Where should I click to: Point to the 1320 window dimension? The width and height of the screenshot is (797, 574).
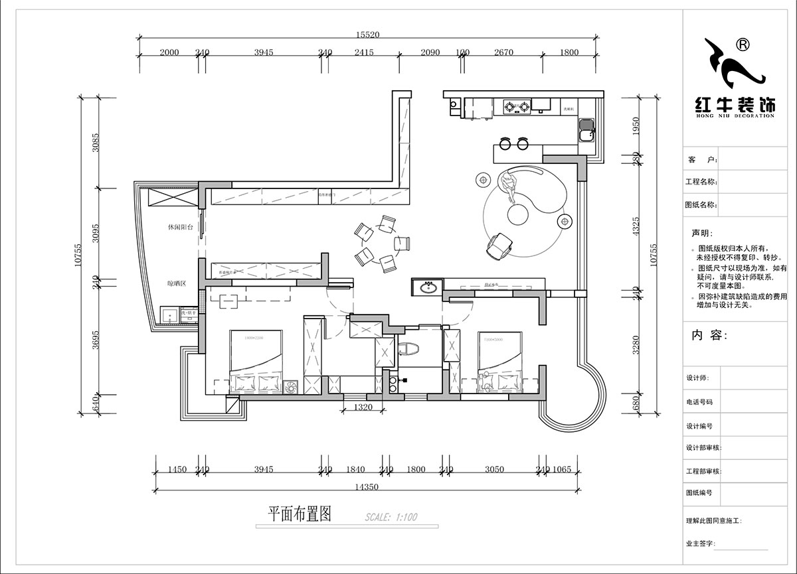coord(363,407)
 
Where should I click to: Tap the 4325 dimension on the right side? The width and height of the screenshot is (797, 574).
coord(636,226)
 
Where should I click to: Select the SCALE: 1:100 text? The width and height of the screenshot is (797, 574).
coord(391,517)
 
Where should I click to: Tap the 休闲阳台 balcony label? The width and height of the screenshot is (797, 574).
coord(180,227)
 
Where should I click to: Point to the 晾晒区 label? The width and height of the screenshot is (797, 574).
coord(177,283)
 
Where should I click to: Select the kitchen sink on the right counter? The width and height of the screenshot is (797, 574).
coord(586,130)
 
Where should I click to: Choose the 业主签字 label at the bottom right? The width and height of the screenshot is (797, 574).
coord(699,543)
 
